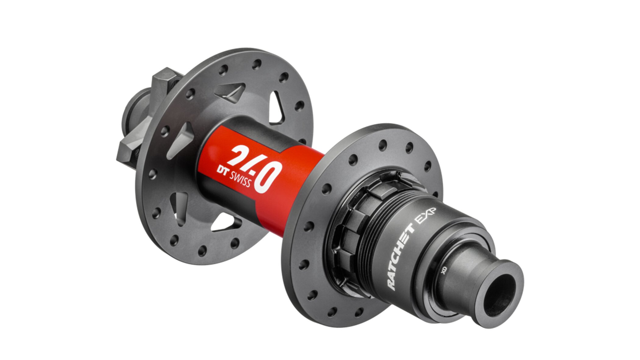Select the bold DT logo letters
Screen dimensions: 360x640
(222, 170)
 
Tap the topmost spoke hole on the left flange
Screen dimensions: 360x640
(256, 64)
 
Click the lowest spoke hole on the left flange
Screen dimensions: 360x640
(202, 251)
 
